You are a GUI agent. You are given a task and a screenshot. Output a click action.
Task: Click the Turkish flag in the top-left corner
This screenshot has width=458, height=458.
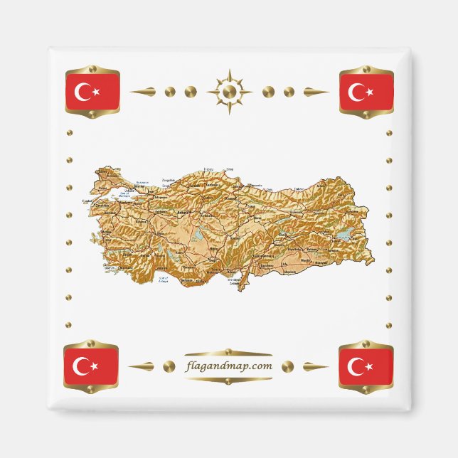point(92,92)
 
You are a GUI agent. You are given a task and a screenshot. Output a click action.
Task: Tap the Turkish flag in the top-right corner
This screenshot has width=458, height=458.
point(366,92)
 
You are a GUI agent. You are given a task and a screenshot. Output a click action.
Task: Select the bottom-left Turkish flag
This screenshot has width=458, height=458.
point(91,366)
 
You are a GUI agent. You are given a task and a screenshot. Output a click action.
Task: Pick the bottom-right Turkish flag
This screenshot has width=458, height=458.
point(366,366)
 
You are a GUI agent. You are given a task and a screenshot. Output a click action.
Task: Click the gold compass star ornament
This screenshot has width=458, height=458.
point(229,92)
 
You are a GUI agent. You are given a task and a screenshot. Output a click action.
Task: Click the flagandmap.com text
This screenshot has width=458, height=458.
point(228,366)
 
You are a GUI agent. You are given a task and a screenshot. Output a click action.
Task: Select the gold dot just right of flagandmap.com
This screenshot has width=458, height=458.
point(287,366)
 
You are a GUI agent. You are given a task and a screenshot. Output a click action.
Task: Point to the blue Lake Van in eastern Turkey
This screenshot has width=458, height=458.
point(343,235)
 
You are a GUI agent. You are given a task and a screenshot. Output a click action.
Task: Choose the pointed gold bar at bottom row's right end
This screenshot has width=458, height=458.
point(315,367)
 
